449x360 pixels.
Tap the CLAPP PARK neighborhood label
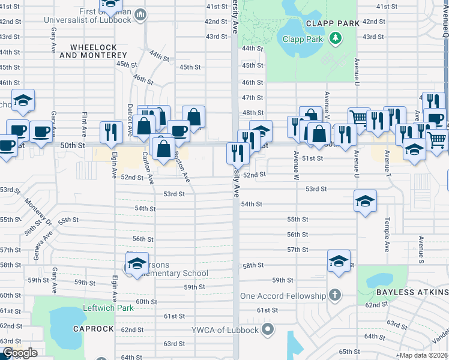click(x=333, y=23)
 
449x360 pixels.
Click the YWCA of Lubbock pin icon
click(x=268, y=329)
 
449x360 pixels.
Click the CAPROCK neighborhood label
click(x=93, y=329)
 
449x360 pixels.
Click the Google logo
click(x=20, y=353)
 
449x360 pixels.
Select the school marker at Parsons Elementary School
click(x=137, y=263)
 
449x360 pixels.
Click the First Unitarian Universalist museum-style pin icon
click(x=140, y=14)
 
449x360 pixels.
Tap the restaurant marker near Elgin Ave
click(x=111, y=132)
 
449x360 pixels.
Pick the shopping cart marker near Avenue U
click(x=359, y=117)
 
